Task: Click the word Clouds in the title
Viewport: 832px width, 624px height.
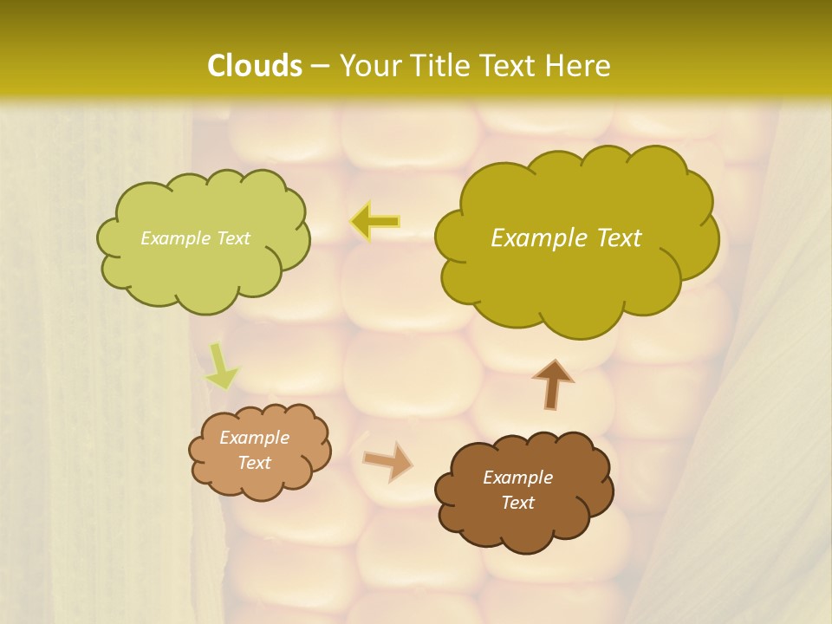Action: coord(255,66)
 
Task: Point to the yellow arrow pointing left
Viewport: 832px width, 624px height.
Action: coord(375,222)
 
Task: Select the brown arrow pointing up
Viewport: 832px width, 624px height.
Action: coord(552,384)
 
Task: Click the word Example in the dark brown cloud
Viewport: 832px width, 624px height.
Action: coord(517,478)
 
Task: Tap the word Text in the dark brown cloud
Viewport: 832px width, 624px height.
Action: coord(517,503)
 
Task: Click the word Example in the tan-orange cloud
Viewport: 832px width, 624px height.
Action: coord(254,438)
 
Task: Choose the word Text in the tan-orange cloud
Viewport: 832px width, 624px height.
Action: coord(254,463)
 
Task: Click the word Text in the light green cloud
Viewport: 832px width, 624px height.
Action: coord(231,238)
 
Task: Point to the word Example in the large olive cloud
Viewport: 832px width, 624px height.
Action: coord(534,238)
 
